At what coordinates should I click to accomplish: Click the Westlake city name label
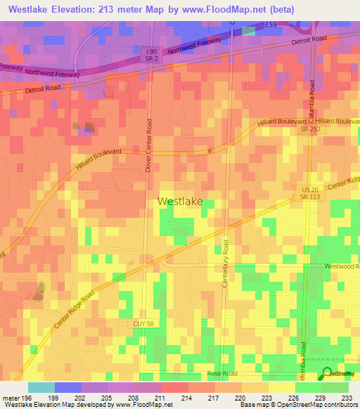180,201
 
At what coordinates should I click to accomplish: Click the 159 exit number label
271,25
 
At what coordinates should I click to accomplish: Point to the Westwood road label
342,267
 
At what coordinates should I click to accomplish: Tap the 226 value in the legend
295,397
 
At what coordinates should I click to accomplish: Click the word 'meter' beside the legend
11,397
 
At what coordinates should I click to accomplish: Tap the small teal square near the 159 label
248,31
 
